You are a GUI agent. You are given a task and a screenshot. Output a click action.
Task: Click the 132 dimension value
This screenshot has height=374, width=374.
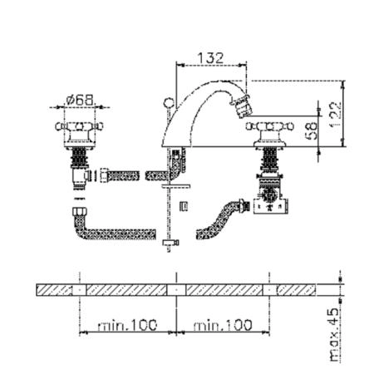tap(210, 58)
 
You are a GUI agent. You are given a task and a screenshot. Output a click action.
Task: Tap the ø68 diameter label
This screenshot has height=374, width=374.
tap(80, 100)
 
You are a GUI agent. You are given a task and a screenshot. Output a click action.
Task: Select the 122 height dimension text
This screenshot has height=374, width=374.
tap(335, 115)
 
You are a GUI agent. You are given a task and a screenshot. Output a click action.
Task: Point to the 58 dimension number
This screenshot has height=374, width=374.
tap(311, 130)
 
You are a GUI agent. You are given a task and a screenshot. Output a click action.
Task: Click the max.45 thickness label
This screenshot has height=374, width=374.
tap(335, 335)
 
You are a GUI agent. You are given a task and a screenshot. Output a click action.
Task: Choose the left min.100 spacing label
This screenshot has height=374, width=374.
tap(127, 325)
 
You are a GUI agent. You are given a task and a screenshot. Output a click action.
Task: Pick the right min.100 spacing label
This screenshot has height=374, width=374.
tap(223, 325)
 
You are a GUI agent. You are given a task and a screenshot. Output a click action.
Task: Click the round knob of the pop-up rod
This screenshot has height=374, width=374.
tap(169, 103)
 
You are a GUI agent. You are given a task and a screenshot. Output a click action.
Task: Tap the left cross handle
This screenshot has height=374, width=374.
tap(79, 126)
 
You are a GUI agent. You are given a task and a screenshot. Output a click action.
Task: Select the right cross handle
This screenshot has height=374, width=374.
tap(270, 126)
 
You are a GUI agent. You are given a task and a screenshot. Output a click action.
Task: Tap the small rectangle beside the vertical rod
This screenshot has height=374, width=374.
tap(184, 207)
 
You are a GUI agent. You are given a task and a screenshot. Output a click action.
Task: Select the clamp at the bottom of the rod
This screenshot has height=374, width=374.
tap(170, 243)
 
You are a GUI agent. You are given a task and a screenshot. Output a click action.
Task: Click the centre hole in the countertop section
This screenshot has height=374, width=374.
tap(176, 290)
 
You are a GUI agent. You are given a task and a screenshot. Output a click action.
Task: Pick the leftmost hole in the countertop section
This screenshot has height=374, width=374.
tap(80, 290)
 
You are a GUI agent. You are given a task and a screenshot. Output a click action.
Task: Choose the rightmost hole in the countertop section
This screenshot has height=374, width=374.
tap(269, 290)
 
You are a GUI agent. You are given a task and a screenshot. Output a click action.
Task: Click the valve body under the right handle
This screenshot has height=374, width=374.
tap(270, 194)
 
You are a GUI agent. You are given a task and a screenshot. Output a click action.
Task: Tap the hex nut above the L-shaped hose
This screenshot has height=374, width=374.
tap(80, 212)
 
